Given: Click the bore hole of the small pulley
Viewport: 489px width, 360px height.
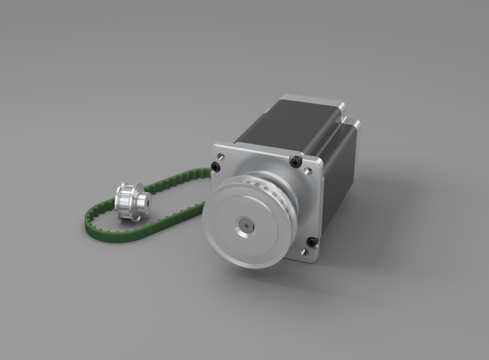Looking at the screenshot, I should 143,199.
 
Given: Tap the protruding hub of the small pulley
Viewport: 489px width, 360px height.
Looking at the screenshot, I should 141,201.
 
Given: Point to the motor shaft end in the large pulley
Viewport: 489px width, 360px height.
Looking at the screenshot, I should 246,226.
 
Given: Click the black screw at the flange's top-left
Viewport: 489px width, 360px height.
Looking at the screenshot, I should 216,166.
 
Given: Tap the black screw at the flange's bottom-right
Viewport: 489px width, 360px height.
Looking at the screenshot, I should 311,242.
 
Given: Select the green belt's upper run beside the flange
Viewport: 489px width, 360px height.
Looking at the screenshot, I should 180,181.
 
